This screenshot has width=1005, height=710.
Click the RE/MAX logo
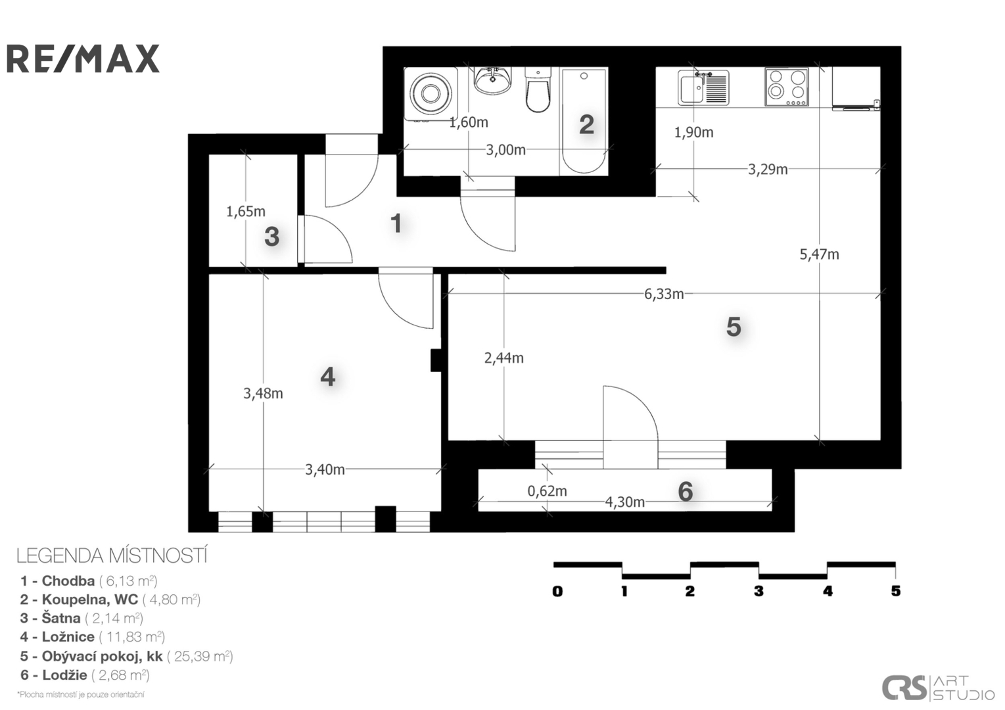click(83, 59)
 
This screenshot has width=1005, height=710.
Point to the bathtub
click(584, 121)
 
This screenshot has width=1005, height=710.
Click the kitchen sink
click(703, 87)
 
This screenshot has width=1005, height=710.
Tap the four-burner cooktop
click(787, 87)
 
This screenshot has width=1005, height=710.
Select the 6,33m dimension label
click(664, 295)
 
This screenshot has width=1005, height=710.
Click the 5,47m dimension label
click(819, 254)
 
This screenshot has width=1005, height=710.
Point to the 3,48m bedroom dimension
click(263, 394)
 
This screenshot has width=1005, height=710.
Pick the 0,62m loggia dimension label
click(547, 492)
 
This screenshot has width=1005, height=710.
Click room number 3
click(272, 237)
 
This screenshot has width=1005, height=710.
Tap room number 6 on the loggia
click(685, 492)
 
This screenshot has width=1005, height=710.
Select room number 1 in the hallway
click(396, 223)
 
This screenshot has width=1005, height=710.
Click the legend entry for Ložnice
click(93, 637)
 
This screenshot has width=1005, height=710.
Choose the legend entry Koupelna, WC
click(110, 600)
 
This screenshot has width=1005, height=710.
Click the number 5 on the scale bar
click(895, 591)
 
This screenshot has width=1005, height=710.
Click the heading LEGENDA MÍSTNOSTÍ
click(112, 556)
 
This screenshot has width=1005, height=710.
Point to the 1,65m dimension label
click(245, 212)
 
